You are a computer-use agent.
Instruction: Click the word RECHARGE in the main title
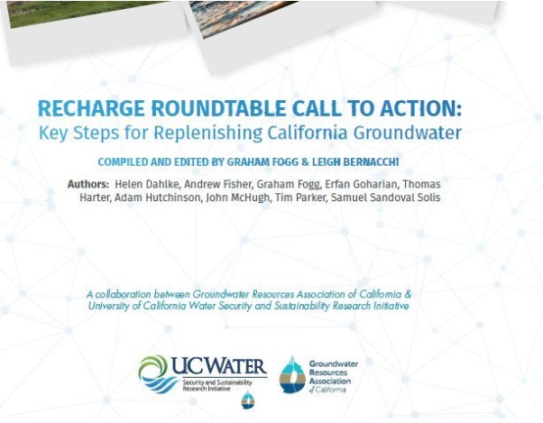click(x=91, y=108)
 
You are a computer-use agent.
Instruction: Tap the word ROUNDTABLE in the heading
click(x=219, y=108)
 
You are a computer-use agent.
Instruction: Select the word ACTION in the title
click(x=420, y=108)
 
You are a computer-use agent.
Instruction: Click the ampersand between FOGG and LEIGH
click(x=305, y=162)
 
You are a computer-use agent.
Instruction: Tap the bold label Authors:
click(x=88, y=184)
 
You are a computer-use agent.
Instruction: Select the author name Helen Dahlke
click(x=146, y=184)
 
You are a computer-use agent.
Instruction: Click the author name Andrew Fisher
click(x=217, y=184)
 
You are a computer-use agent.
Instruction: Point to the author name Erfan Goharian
click(x=361, y=184)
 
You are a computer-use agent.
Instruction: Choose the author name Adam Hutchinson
click(x=158, y=198)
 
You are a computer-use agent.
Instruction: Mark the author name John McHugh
click(x=237, y=198)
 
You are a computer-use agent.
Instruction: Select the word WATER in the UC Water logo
click(x=231, y=366)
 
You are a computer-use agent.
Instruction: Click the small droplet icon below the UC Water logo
click(x=248, y=400)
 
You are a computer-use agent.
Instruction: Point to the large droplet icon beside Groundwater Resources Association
click(x=292, y=375)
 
